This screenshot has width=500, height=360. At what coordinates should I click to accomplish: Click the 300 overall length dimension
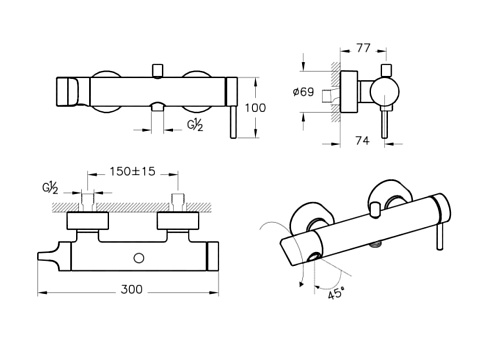[x=131, y=289]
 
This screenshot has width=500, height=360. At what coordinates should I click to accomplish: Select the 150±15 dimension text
[x=133, y=171]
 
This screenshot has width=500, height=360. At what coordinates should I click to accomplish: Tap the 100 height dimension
[x=255, y=108]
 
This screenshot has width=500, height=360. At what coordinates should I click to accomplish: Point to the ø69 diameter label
[x=303, y=92]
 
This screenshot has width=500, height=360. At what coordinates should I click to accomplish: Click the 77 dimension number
[x=363, y=48]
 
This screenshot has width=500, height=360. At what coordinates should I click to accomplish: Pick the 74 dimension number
[x=362, y=141]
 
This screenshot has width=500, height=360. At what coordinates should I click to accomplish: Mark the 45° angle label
[x=336, y=293]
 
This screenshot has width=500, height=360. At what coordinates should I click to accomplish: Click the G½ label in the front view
[x=195, y=125]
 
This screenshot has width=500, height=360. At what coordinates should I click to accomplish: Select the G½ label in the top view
[x=50, y=188]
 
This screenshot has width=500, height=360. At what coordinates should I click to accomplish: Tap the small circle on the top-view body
[x=139, y=258]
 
